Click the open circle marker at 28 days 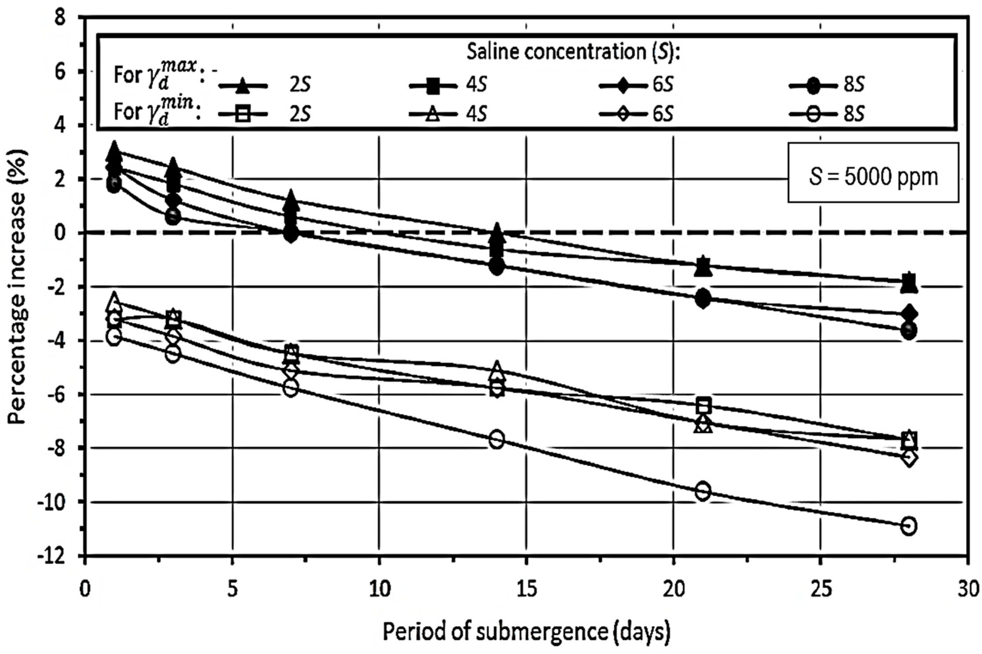tap(909, 526)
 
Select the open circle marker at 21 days tap(703, 491)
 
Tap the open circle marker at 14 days tap(497, 439)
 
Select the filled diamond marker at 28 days tap(909, 313)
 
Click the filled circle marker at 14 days tap(497, 266)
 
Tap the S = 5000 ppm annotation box tap(873, 178)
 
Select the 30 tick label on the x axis tap(967, 591)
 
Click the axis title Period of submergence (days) tap(527, 632)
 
